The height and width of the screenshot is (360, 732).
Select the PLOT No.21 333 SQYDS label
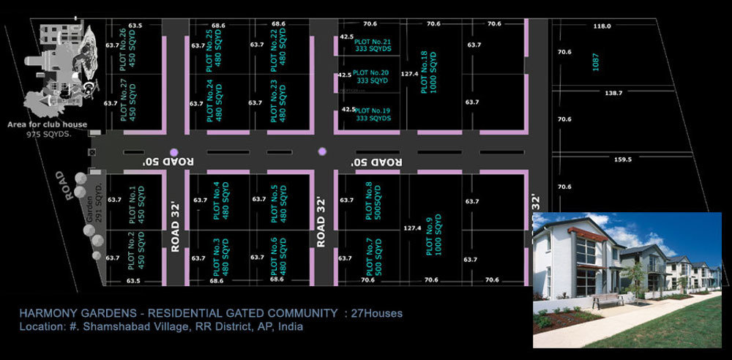click(372, 45)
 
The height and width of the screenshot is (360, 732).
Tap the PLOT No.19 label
click(372, 113)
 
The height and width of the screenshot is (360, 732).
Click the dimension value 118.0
click(602, 26)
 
